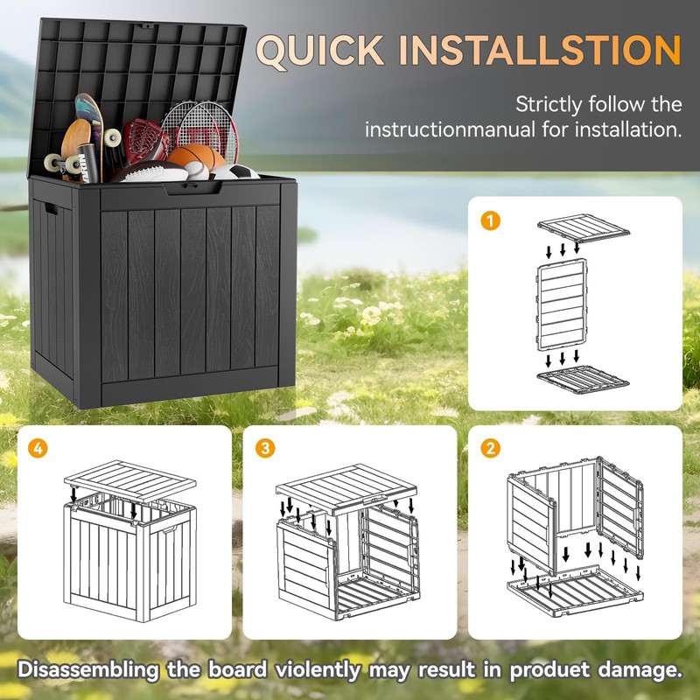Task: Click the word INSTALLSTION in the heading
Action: (538, 51)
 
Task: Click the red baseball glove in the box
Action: (143, 140)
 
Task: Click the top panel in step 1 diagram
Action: (584, 229)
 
